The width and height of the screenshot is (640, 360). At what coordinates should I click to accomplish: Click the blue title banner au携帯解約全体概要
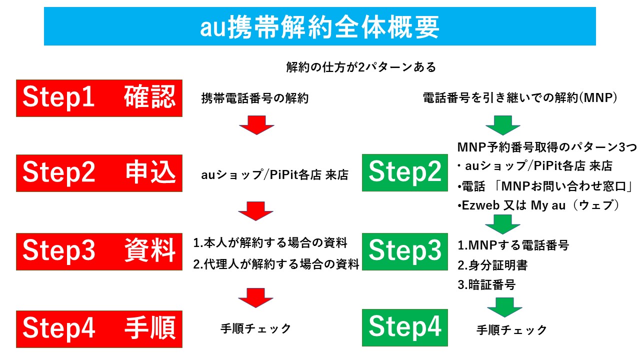320,27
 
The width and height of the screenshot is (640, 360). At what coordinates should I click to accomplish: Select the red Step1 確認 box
99,98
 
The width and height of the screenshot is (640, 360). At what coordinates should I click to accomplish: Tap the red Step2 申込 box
99,173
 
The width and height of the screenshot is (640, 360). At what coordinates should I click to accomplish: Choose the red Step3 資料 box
99,251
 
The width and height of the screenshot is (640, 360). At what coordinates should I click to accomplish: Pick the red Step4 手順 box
99,329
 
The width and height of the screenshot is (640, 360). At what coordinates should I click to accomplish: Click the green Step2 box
405,173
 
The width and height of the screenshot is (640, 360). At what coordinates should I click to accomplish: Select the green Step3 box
405,251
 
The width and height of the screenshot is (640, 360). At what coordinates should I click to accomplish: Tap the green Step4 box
405,328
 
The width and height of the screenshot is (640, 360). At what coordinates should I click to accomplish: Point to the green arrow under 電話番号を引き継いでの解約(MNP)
503,125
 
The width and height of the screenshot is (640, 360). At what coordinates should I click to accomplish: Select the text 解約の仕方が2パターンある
361,66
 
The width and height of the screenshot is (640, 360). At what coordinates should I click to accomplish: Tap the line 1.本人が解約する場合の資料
270,243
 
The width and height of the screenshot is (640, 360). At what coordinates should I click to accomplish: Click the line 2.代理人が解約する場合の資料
276,264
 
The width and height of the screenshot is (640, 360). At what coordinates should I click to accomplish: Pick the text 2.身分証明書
492,265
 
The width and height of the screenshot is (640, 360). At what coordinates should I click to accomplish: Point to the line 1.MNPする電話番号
513,245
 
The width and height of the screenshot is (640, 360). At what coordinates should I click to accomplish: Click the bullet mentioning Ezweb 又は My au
538,205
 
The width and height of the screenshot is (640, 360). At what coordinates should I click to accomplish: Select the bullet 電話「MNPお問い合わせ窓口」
545,186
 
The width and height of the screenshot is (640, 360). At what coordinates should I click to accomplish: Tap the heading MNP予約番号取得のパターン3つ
547,148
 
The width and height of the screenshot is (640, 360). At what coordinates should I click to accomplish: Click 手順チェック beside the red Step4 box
255,328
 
